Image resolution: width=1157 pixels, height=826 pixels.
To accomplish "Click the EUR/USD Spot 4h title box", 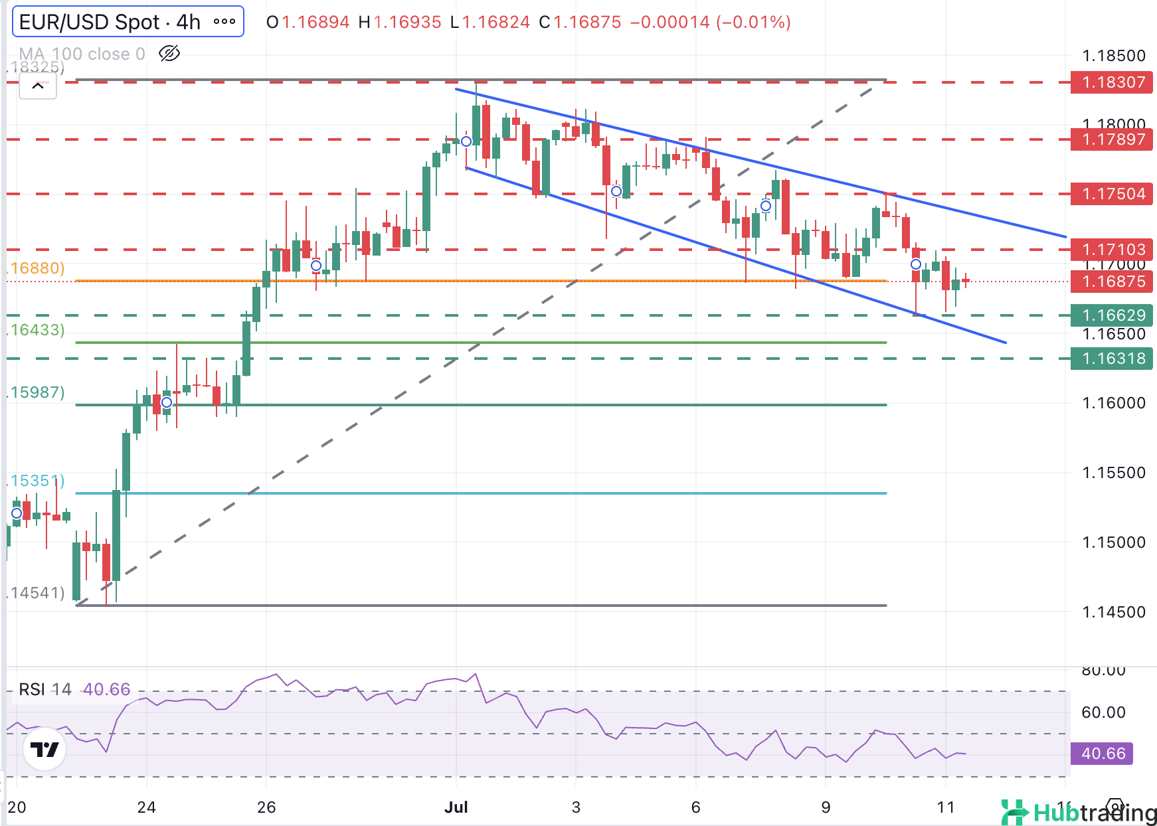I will point(110,22).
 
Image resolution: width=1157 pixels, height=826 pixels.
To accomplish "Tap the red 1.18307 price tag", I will point(1112,82).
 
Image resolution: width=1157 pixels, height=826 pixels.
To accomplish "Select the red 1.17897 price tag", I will point(1112,139).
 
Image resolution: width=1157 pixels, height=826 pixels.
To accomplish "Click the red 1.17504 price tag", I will point(1112,194).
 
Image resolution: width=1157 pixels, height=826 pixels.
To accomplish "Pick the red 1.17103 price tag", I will point(1112,250).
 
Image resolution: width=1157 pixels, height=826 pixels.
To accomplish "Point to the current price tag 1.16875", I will point(1112,282).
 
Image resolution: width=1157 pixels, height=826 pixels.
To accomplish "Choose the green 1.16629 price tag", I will point(1112,315).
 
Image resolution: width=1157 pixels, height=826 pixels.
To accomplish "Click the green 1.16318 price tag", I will point(1112,359).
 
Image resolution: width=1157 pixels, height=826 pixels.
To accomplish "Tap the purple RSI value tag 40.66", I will point(1102,754).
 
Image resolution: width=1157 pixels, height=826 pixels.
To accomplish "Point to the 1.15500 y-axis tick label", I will point(1113,473).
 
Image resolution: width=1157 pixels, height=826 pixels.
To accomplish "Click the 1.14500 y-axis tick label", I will point(1113,612).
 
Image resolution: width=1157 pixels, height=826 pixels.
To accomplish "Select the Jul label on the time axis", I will point(456,807).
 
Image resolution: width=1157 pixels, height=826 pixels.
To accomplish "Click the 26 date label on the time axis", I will point(266,807).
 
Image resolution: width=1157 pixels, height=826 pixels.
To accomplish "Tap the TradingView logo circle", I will point(44,750).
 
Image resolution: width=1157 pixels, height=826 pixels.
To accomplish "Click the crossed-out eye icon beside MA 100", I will point(169,54).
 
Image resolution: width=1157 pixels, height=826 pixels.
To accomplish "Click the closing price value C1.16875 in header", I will point(580,23).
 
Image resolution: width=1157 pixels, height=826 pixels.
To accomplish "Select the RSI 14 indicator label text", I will point(44,690).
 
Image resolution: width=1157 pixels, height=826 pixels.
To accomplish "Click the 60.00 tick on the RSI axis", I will point(1103,712).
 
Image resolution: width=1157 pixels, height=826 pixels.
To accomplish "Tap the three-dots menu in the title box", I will point(224,22).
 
